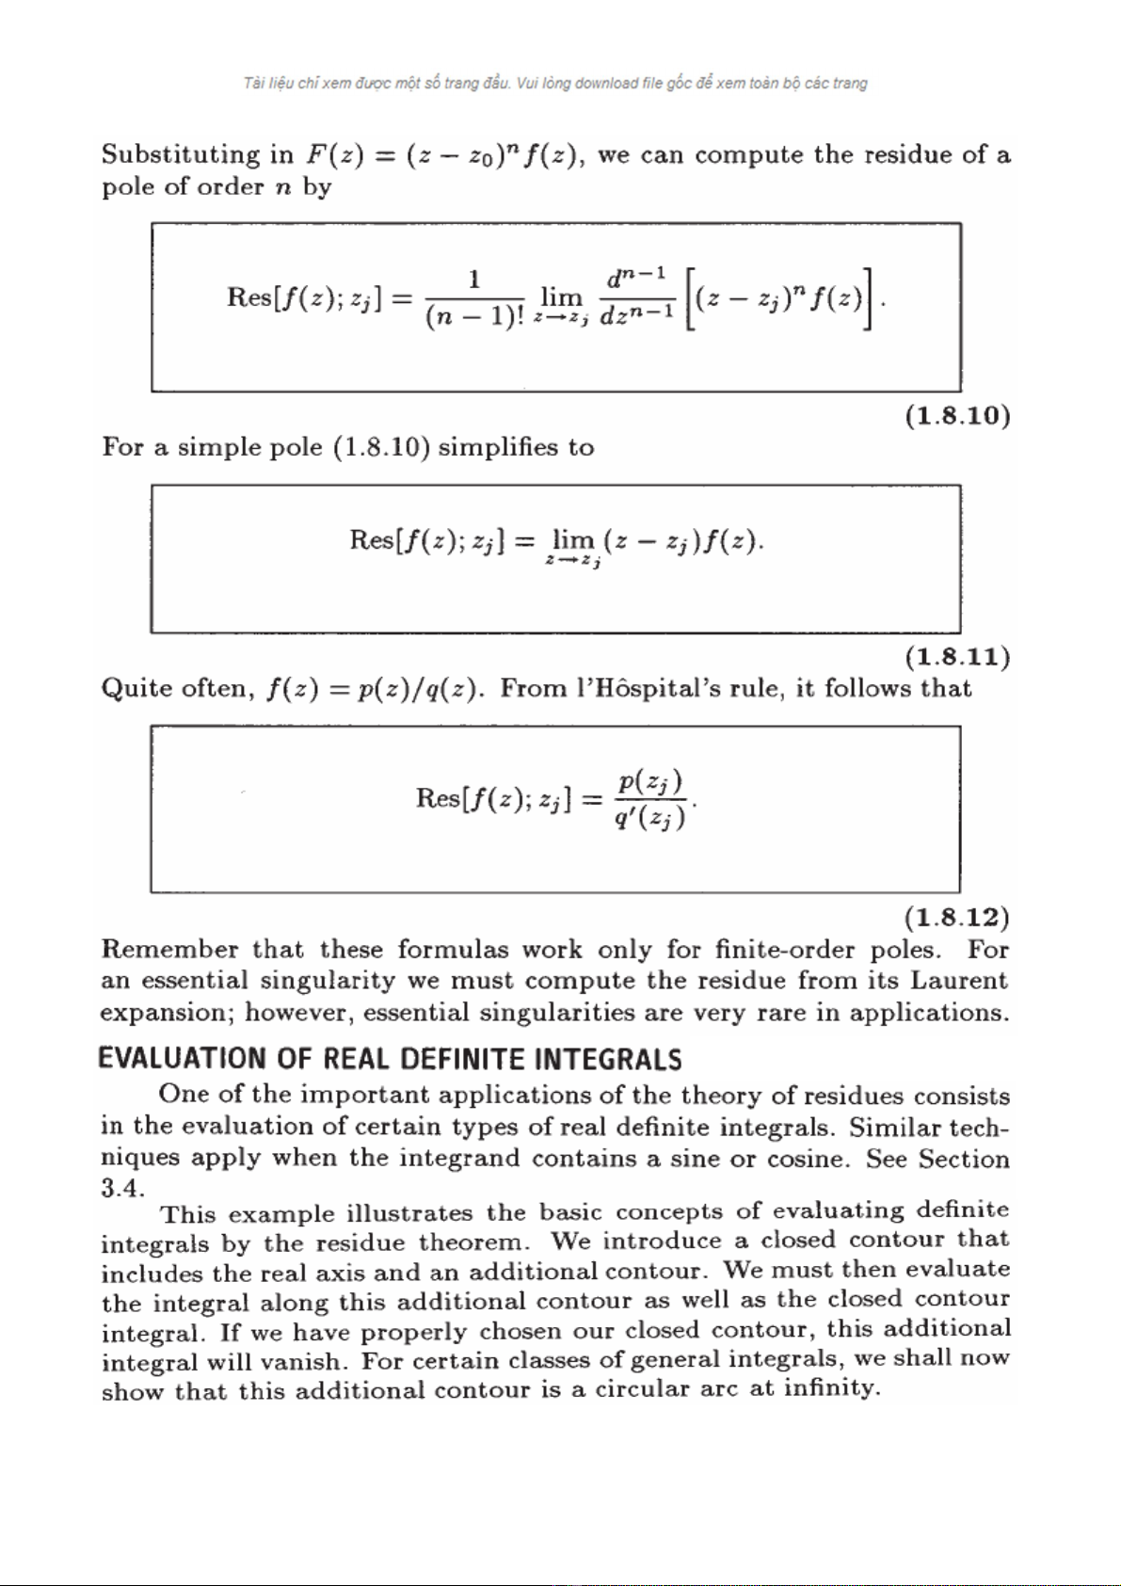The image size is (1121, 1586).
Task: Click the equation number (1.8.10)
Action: click(957, 416)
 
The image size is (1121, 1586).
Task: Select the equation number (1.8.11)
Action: click(957, 657)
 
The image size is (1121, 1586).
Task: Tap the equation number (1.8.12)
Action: click(956, 918)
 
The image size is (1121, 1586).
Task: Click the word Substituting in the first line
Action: click(180, 155)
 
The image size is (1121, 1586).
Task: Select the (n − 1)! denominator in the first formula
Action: click(474, 316)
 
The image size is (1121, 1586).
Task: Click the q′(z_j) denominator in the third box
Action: click(649, 819)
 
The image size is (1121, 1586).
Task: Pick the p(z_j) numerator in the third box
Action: click(650, 782)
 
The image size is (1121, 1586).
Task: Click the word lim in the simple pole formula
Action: click(572, 539)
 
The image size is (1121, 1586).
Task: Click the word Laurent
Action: click(958, 981)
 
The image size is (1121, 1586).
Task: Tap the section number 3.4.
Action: click(122, 1188)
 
